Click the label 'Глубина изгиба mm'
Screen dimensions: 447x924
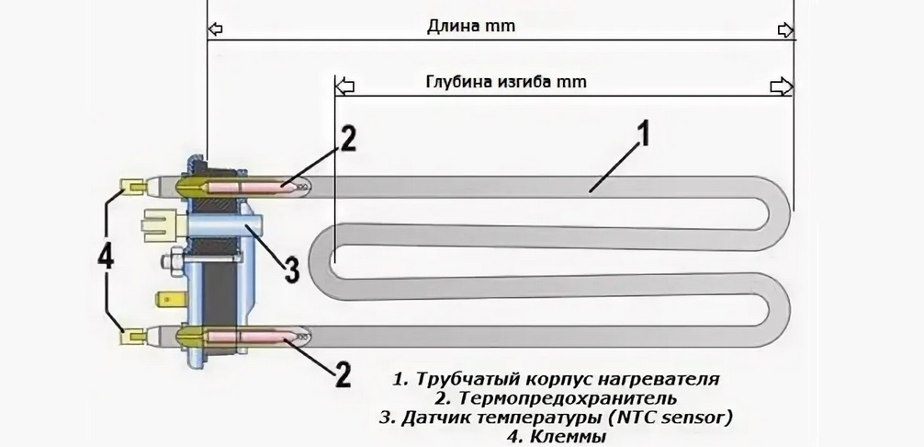505,81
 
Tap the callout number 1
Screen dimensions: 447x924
642,135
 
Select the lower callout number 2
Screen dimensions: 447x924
341,374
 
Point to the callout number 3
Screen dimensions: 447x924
290,269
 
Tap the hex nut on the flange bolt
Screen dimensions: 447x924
171,264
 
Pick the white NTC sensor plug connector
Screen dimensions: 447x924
158,223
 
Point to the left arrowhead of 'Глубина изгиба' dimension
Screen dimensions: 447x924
344,86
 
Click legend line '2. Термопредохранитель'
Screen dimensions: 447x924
556,398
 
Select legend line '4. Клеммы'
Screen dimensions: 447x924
556,437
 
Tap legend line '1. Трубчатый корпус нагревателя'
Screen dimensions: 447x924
556,379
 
